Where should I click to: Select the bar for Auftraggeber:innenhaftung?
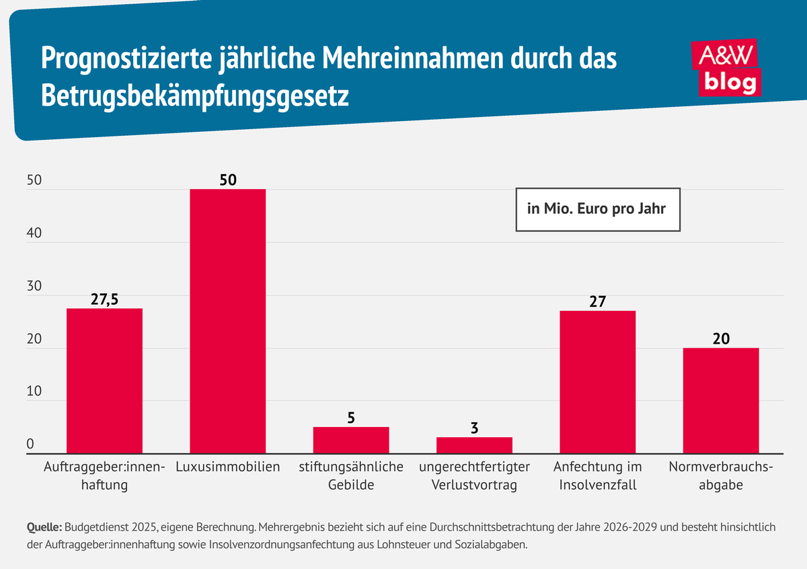tap(104, 380)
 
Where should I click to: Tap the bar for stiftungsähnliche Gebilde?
tap(350, 440)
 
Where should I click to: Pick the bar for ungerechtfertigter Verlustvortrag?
tap(474, 445)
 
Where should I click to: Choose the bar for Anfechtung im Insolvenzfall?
tap(597, 381)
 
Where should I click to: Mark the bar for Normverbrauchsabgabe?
tap(720, 400)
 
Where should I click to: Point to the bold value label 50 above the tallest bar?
tap(227, 180)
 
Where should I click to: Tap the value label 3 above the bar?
tap(474, 427)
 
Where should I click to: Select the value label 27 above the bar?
tap(597, 301)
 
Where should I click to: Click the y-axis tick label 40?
tap(34, 233)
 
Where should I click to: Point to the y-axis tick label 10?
tap(34, 392)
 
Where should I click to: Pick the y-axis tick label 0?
tap(30, 445)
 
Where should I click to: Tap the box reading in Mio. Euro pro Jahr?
tap(597, 209)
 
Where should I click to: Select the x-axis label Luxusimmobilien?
tap(227, 467)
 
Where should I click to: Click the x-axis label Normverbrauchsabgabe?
tap(720, 475)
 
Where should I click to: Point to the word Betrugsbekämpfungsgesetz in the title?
tap(194, 96)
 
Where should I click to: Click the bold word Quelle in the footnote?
tap(44, 527)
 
